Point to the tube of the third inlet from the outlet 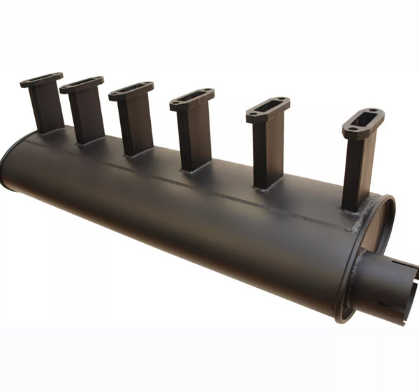click(x=193, y=136)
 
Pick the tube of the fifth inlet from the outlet click(x=88, y=115)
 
